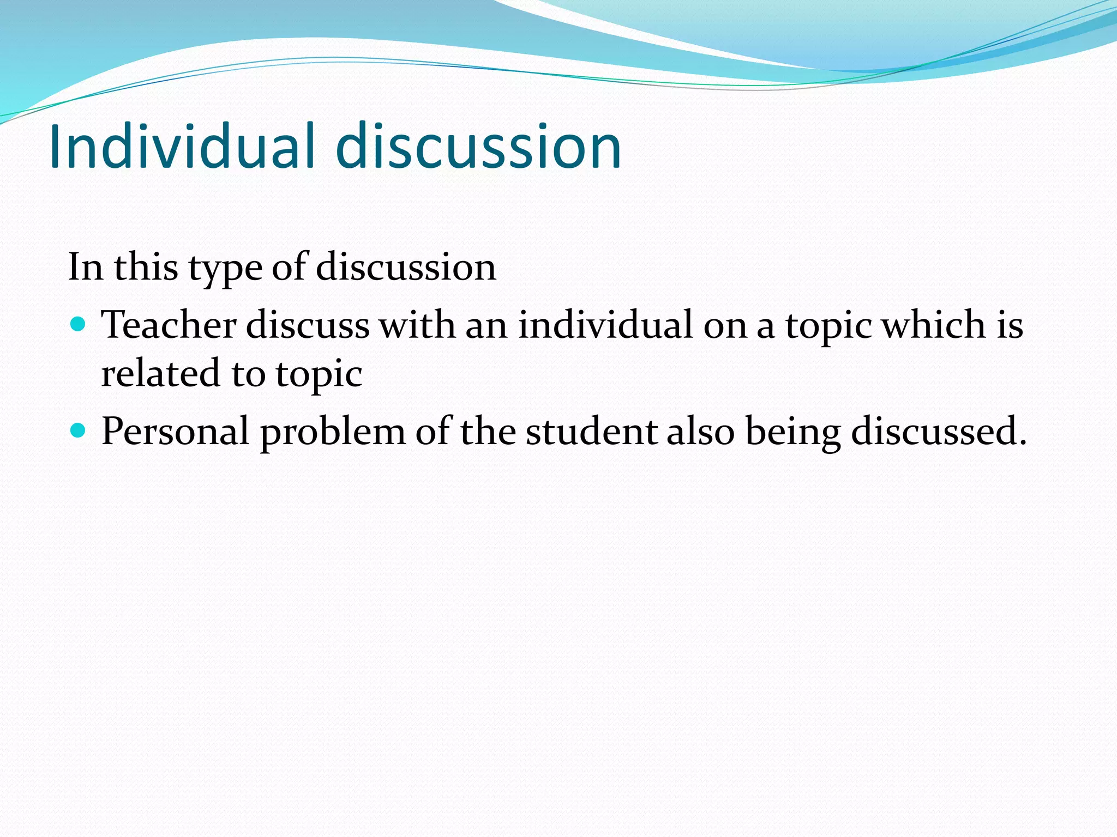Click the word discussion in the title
[478, 146]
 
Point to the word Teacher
[169, 325]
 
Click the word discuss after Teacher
[308, 325]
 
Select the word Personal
[175, 431]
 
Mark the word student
[591, 431]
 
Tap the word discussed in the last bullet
[939, 431]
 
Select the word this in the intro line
[146, 267]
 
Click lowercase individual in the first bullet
[605, 325]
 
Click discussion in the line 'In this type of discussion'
[406, 267]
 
